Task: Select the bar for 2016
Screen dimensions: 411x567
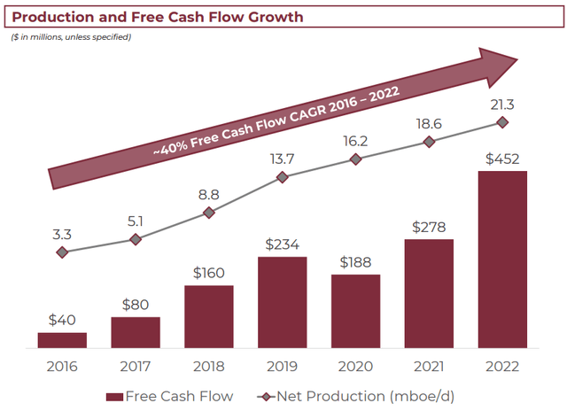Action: tap(62, 340)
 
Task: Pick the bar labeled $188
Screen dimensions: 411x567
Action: tap(355, 311)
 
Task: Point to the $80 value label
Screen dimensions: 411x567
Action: tap(136, 303)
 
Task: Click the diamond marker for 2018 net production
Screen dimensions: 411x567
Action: tap(209, 213)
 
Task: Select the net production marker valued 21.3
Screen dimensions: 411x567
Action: tap(502, 122)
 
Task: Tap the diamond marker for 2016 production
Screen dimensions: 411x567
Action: tap(62, 252)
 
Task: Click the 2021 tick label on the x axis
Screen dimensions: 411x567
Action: tap(429, 366)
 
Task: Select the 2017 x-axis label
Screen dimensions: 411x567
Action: tap(136, 366)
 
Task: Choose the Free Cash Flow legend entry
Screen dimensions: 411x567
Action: tap(168, 396)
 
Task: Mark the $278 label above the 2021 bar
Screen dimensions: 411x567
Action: tap(429, 227)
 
